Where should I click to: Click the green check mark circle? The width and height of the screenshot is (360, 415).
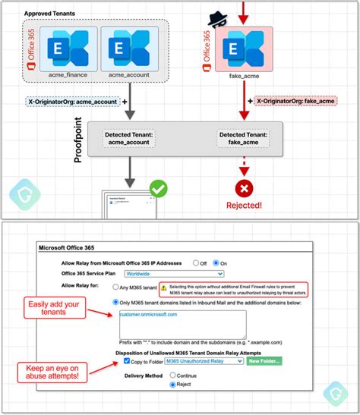coord(159,187)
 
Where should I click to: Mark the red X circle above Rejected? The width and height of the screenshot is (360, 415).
coord(245,187)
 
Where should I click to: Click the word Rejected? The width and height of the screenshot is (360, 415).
coord(245,204)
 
